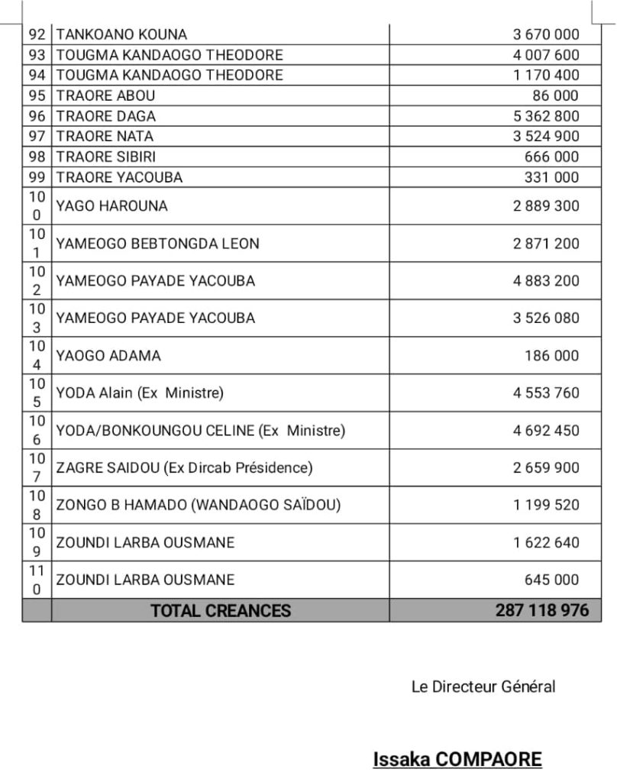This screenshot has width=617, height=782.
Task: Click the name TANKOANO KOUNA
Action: (x=121, y=34)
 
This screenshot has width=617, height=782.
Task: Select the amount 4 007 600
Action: (x=546, y=55)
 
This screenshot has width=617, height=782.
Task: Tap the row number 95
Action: (x=37, y=95)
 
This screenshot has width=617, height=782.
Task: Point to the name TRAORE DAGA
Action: (x=106, y=116)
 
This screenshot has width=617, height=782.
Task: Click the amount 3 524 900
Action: (x=546, y=136)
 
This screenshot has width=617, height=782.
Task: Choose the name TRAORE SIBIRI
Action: (x=105, y=157)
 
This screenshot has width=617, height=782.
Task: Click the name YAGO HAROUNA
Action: (x=112, y=206)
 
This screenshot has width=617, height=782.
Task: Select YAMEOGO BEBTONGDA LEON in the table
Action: (x=158, y=244)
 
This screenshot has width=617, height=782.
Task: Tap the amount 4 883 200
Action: (x=546, y=280)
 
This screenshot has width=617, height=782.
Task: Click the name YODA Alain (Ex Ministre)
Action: (x=140, y=393)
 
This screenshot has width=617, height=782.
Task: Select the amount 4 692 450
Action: (x=546, y=431)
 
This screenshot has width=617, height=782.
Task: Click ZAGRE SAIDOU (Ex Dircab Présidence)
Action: (x=185, y=467)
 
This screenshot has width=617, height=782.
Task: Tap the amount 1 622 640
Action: (x=546, y=543)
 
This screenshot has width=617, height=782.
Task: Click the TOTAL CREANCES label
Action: (x=221, y=611)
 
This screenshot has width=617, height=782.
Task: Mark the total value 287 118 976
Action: (x=542, y=611)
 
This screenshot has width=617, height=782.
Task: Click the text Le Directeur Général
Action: (x=483, y=687)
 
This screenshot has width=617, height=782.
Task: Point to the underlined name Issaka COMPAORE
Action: (x=457, y=760)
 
